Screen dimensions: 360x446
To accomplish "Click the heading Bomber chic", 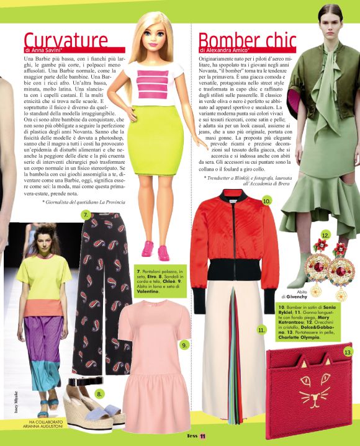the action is click(248, 39).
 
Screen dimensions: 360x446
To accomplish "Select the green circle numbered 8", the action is click(99, 393).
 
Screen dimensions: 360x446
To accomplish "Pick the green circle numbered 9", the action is click(184, 345).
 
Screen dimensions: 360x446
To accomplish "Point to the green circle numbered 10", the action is click(266, 201).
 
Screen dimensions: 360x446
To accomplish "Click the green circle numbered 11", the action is click(261, 330).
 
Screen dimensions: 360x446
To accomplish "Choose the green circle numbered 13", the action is click(348, 352).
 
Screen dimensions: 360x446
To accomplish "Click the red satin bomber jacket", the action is click(230, 248).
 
